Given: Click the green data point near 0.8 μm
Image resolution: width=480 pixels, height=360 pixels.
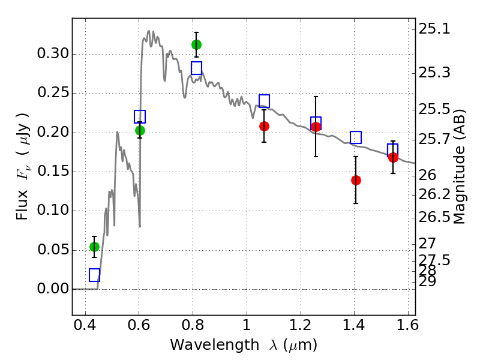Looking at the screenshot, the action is [196, 44].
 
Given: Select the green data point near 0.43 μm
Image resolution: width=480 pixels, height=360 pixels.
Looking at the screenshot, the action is [94, 247].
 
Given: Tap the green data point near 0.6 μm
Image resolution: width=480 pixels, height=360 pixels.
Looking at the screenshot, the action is [140, 130].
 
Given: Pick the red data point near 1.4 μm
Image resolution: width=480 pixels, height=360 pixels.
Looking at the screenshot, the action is [356, 181].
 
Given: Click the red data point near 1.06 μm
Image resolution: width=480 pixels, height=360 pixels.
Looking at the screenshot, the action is [264, 126].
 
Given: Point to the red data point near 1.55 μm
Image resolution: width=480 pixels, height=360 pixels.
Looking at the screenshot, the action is [393, 158].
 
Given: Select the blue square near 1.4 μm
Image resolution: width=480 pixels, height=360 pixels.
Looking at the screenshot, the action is [356, 137].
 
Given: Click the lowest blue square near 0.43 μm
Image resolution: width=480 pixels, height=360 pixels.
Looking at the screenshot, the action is [94, 275].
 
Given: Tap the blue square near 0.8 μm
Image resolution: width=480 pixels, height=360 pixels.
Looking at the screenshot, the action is [196, 68].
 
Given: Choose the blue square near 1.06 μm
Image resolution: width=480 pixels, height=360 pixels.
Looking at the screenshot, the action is [264, 101].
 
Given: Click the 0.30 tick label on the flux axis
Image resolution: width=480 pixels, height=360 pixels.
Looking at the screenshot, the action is [53, 53].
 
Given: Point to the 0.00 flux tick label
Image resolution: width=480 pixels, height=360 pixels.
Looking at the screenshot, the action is [53, 289].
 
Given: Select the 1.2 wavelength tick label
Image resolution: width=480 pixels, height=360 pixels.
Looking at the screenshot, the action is [301, 325].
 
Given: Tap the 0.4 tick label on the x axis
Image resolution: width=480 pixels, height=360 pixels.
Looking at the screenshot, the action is [85, 325].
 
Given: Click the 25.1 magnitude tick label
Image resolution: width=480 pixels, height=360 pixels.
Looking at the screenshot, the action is [434, 29].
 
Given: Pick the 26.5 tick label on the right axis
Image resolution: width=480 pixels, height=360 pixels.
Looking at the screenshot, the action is [434, 217].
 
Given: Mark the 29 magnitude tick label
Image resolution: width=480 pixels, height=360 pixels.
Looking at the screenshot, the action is [427, 281].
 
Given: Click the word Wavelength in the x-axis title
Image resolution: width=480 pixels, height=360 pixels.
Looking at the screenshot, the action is [215, 345].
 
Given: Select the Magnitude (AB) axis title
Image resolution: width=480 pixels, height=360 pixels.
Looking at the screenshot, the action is [459, 166].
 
